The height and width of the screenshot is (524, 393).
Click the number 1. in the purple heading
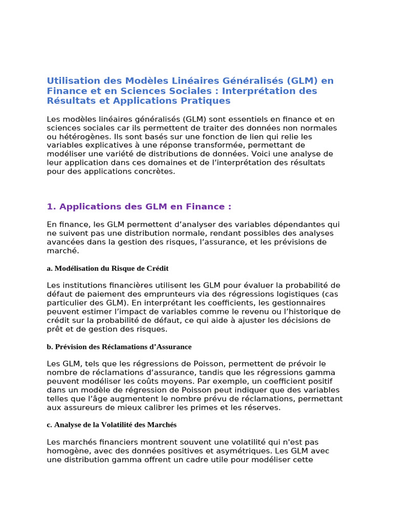click(51, 207)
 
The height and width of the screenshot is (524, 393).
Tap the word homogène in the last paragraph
click(67, 451)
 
